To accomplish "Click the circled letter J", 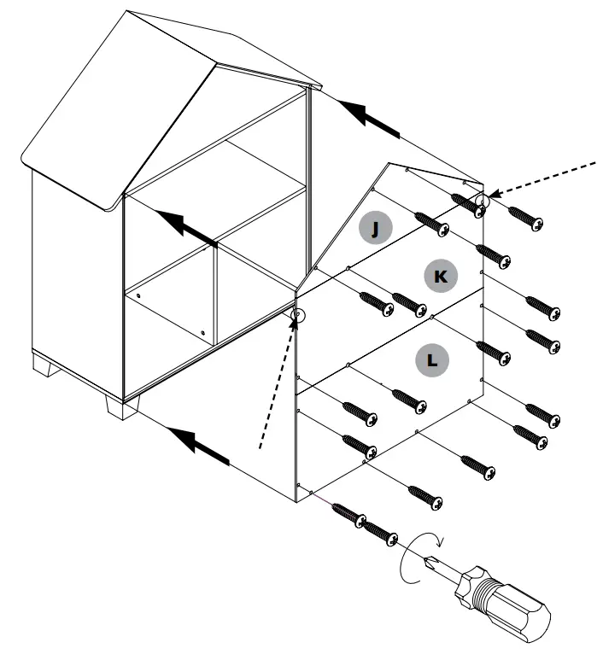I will pos(375,228).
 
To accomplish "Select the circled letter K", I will pos(440,275).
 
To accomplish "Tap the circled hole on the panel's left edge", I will pos(298,317).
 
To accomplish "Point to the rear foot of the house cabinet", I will pos(44,368).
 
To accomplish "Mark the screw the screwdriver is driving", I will pos(381,534).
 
